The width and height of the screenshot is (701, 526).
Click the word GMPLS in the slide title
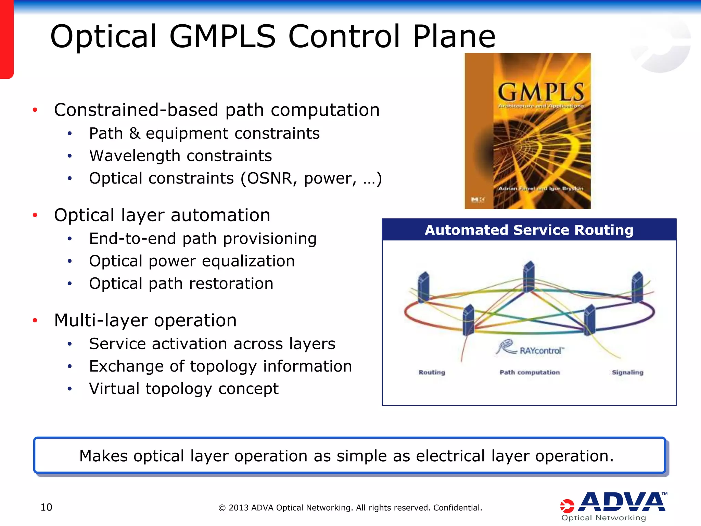tap(222, 37)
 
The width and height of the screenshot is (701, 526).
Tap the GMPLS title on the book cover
tap(540, 92)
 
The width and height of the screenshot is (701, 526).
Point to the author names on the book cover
tap(540, 188)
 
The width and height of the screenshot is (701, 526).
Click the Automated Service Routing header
tap(529, 230)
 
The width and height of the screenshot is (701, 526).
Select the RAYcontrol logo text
tap(541, 351)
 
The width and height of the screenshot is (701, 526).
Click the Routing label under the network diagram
tap(432, 372)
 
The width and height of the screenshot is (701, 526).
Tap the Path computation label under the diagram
tap(530, 372)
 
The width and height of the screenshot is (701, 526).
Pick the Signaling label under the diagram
tap(627, 372)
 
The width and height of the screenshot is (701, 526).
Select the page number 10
tap(46, 507)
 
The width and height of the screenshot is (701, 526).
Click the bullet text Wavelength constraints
tap(180, 156)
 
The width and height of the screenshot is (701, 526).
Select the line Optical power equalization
tap(192, 261)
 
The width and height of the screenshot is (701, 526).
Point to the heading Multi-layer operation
tap(145, 321)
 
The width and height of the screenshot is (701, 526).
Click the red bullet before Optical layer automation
tap(35, 215)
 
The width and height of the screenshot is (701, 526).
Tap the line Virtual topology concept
tap(183, 389)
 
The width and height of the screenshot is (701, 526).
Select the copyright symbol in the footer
tap(222, 508)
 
